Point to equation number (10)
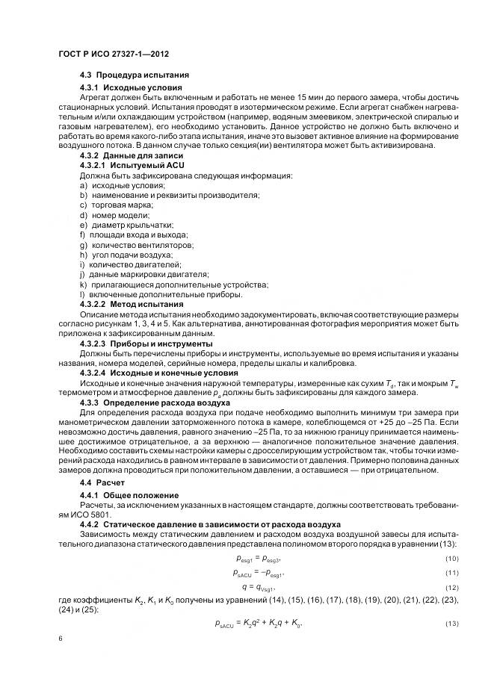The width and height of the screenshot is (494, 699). (451, 559)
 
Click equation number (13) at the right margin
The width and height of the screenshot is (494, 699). (451, 624)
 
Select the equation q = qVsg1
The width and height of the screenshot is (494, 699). (256, 588)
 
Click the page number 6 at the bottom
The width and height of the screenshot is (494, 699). (60, 640)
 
